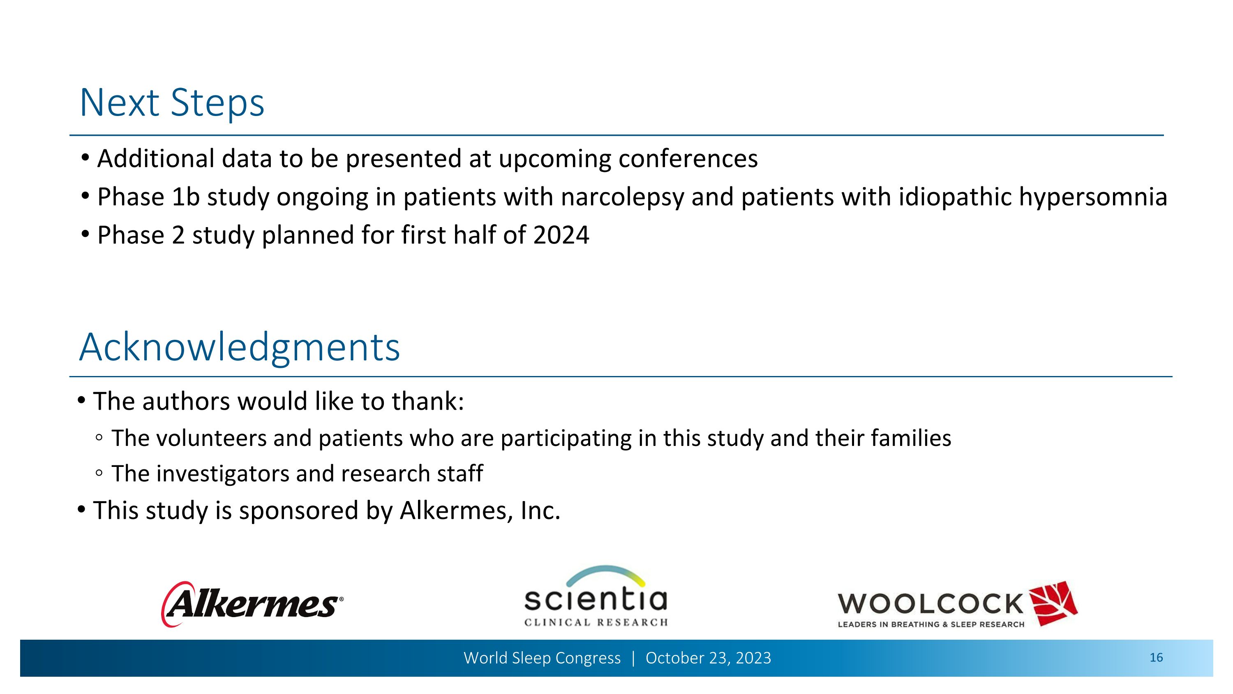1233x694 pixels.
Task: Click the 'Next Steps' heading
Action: (172, 103)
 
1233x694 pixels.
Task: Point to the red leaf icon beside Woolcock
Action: (1053, 603)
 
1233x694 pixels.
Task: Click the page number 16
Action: (1156, 658)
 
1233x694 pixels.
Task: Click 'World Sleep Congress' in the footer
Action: (542, 658)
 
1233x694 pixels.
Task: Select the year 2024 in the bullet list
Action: (561, 235)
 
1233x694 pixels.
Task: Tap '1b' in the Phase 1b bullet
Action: (185, 197)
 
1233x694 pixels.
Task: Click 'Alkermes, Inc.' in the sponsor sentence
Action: (480, 510)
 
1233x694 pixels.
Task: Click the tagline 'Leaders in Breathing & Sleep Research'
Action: (931, 624)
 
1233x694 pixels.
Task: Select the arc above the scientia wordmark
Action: (605, 572)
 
